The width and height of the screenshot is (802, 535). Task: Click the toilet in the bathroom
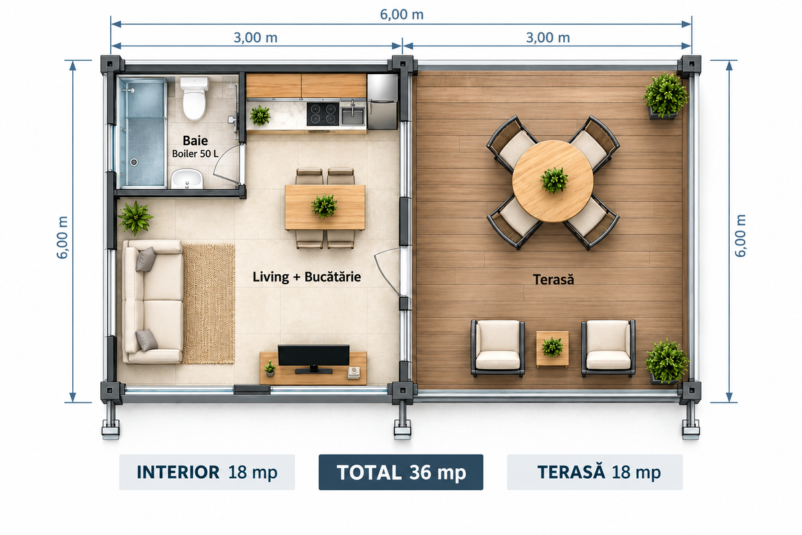tap(194, 98)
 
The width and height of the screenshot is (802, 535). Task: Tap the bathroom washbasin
tap(186, 179)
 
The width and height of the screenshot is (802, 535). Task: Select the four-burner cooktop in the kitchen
tap(323, 114)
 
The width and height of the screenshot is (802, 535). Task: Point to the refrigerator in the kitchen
tap(382, 102)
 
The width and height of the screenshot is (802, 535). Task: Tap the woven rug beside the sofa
tap(209, 304)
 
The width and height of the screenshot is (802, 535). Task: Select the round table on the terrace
tap(553, 181)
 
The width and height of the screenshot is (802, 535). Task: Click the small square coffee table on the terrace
tap(552, 348)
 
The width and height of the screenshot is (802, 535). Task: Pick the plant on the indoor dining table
tap(324, 206)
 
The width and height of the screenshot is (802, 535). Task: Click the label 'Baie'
tap(195, 140)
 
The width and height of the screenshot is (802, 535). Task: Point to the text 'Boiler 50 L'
tap(195, 154)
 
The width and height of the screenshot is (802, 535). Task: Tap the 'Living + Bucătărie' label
tap(307, 277)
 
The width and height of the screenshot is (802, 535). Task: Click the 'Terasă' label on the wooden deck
tap(553, 280)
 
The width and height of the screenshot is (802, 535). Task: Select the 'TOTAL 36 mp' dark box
tap(401, 472)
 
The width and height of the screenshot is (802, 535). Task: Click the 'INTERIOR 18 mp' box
tap(207, 472)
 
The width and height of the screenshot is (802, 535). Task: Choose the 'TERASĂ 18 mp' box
tap(595, 472)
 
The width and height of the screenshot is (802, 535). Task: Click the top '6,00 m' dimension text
tap(402, 14)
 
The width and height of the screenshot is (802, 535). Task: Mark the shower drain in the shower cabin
tap(134, 163)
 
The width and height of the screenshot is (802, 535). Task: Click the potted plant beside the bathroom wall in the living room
tap(135, 218)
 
